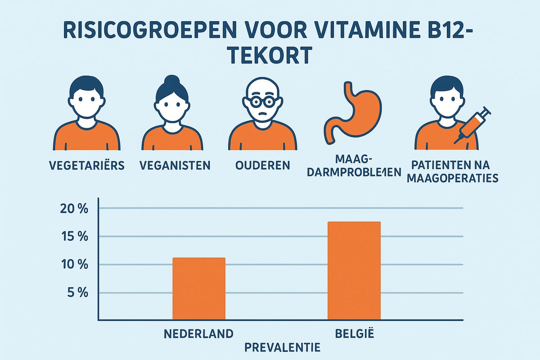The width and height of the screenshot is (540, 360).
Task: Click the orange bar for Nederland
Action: tap(199, 288)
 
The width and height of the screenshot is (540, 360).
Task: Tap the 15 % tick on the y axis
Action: tap(75, 237)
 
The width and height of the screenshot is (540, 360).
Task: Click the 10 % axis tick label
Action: tap(75, 265)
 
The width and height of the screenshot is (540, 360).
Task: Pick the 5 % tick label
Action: tap(77, 292)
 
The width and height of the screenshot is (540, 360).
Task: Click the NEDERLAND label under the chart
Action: tap(199, 334)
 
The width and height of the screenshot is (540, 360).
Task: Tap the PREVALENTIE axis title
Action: tap(283, 347)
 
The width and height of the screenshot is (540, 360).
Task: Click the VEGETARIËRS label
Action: tap(87, 165)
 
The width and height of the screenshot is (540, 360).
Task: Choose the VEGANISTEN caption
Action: tap(175, 165)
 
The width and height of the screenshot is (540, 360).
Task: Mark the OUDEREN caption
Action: tap(262, 165)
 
